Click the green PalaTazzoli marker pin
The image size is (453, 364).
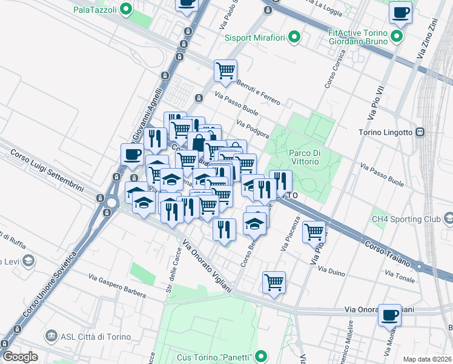(x=126, y=9)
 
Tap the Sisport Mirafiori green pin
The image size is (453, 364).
(x=294, y=38)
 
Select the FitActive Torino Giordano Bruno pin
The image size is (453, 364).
(x=397, y=37)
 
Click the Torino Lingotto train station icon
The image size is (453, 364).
(x=420, y=132)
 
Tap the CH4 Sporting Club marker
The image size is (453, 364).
(x=448, y=218)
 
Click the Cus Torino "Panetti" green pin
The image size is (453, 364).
(x=262, y=356)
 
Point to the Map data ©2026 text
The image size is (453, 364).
(x=427, y=359)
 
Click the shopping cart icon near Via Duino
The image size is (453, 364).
(x=274, y=282)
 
